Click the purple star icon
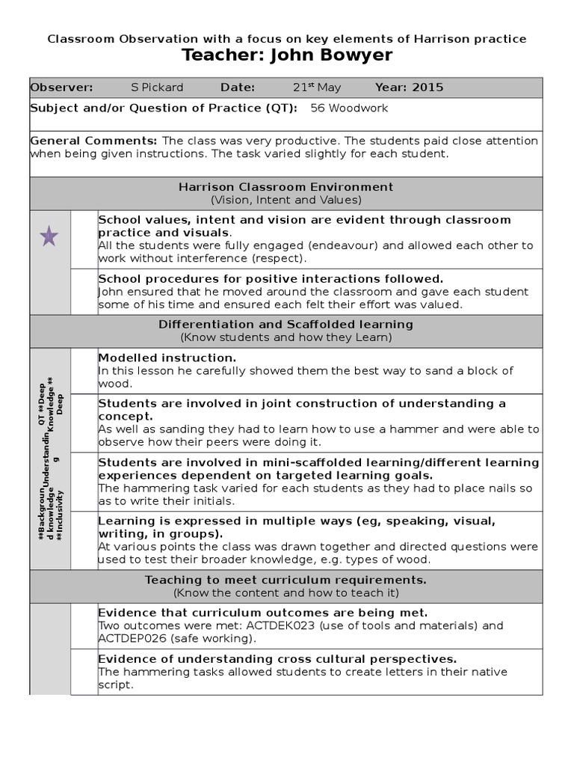49,237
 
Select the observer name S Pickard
157,88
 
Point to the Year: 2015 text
409,88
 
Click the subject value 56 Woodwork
349,108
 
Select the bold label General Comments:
93,141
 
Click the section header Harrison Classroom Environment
286,187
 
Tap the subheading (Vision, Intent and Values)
286,200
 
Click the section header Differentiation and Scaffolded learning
286,325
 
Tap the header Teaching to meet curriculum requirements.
286,580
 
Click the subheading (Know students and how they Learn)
286,337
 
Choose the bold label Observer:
61,88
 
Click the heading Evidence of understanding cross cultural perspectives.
277,659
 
